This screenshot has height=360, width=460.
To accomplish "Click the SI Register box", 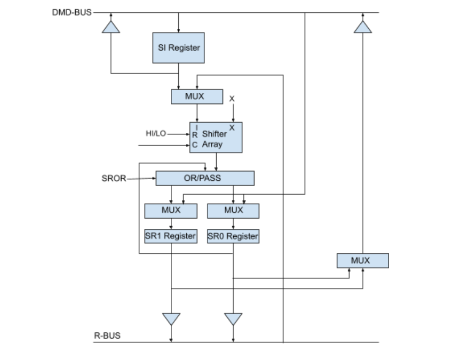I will (178, 47).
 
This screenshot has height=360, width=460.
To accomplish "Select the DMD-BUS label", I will (72, 12).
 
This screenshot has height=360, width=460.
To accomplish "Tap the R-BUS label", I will (107, 335).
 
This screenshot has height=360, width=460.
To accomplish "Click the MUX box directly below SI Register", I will (196, 97).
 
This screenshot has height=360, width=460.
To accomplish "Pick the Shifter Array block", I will (216, 138).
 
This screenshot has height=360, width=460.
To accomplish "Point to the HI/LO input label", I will (155, 133).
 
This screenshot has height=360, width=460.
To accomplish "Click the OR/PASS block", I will (204, 178).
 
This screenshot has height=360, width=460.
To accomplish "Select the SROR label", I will (113, 178).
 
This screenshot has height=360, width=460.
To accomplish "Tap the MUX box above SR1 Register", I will (171, 211).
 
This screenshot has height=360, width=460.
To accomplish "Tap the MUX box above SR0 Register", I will (233, 211).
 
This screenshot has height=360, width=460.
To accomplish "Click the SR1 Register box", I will (171, 236).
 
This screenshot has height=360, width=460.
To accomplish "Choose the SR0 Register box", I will (233, 236).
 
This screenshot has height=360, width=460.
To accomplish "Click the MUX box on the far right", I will (362, 261).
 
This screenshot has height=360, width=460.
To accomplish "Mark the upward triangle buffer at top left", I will (111, 27).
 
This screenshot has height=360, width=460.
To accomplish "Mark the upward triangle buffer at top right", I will (362, 27).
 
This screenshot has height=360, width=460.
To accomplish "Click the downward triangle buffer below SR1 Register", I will (171, 318).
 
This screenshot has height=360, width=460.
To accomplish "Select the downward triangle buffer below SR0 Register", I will (233, 318).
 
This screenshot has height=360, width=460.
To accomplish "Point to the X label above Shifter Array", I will (232, 99).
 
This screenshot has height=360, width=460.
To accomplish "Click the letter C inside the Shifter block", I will (195, 145).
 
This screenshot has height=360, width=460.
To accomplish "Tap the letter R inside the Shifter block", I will (195, 135).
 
